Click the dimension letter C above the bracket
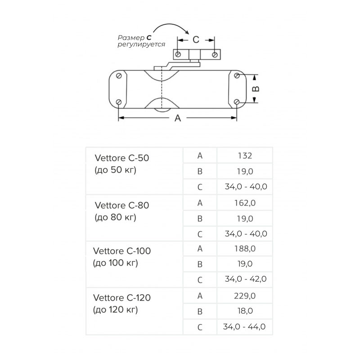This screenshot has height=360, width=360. click(196, 40)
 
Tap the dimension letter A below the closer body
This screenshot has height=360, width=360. click(178, 118)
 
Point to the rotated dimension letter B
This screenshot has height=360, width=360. click(256, 89)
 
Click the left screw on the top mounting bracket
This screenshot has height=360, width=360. click(178, 54)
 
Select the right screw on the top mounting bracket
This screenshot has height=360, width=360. click(215, 54)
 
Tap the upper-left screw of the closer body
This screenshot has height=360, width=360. click(119, 76)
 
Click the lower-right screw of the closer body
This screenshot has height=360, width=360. click(237, 102)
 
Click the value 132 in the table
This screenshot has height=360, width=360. click(245, 156)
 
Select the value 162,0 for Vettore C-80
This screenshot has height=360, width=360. click(245, 203)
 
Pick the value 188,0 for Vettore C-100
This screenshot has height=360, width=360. click(245, 249)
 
